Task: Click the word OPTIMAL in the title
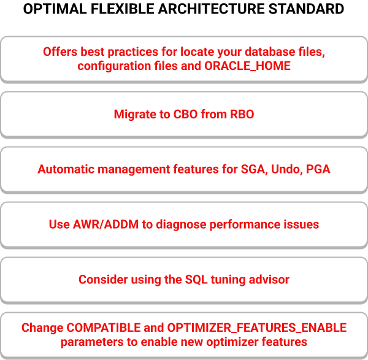55,9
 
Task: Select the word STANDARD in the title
306,9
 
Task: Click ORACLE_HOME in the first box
247,66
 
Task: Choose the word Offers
60,52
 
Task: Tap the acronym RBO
242,114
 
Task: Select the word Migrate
135,115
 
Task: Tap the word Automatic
66,169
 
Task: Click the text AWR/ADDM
105,224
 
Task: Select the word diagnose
181,225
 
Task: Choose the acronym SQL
196,280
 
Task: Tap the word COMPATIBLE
104,327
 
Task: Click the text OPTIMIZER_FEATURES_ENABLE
257,328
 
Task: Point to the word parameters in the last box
92,342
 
